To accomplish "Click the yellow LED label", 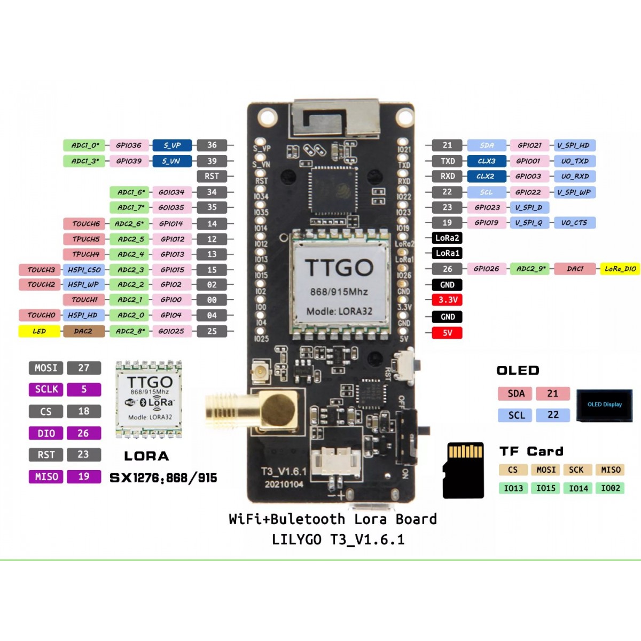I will coord(40,331).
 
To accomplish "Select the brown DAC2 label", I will coord(83,331).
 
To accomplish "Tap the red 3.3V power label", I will coord(447,300).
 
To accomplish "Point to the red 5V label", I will coord(447,333).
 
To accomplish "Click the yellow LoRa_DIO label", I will coord(620,269).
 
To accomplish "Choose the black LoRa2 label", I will coord(447,238).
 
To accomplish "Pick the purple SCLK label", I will coord(46,389).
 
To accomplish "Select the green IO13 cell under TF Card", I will coord(513,488).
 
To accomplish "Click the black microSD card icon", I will coord(464,470).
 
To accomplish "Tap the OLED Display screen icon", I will coord(604,405).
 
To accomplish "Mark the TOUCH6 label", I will coord(86,224).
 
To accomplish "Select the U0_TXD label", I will coord(574,161).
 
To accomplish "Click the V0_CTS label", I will coord(574,223).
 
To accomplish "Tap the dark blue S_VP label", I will coord(172,145).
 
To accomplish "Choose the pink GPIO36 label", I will coord(129,145).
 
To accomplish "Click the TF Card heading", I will coord(531,451).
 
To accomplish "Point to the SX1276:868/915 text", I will coord(163,478).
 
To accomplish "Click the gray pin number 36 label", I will coord(212,145).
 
